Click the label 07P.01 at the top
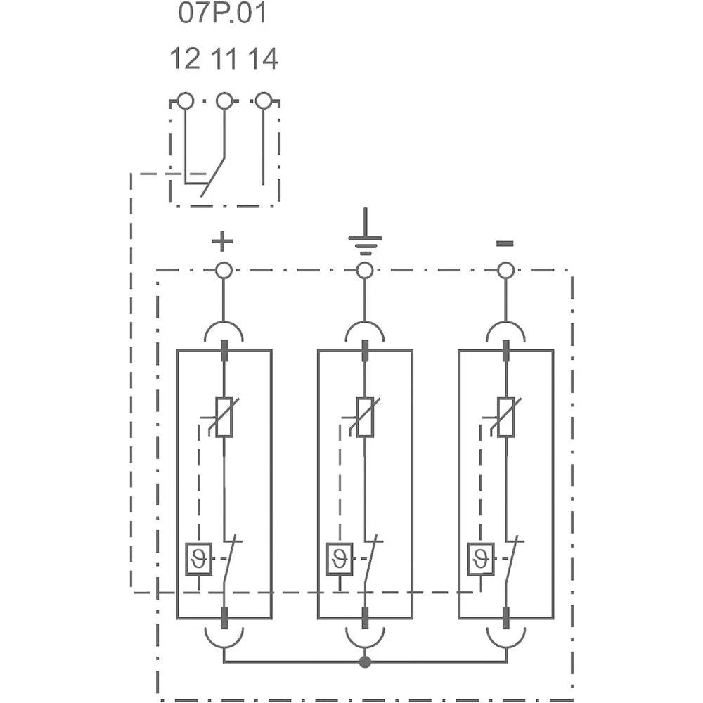(222, 14)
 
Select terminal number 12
(185, 59)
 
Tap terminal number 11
(224, 59)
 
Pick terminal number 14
(263, 59)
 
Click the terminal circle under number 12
(185, 101)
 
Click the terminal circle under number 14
(264, 101)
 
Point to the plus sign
(222, 242)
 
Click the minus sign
(505, 244)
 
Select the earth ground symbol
(365, 236)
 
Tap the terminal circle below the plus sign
(224, 270)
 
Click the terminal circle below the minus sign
(505, 270)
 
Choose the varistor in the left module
(224, 418)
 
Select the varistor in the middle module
(365, 418)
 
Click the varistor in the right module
(505, 418)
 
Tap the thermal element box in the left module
(198, 560)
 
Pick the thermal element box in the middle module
(340, 560)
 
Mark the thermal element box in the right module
(481, 560)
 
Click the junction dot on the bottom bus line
(365, 662)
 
